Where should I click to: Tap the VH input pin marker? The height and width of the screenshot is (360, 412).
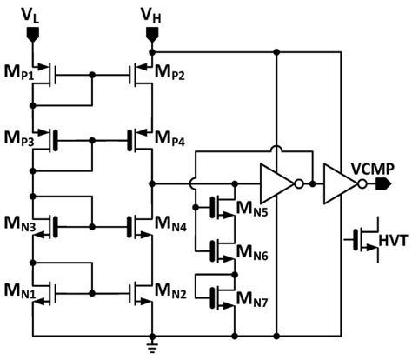pyautogui.click(x=150, y=36)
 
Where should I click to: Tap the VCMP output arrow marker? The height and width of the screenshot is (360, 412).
pyautogui.click(x=385, y=184)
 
